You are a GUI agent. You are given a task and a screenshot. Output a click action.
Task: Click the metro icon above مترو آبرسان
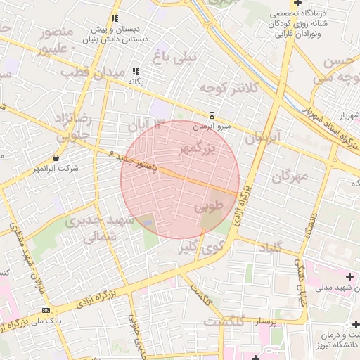211,115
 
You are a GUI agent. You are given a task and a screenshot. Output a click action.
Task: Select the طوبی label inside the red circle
207,207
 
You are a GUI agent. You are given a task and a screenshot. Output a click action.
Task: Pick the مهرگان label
289,176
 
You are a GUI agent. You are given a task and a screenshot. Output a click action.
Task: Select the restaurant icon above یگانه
136,71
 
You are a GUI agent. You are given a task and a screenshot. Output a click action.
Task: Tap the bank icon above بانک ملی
46,310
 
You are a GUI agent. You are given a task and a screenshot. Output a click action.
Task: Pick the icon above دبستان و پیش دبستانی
115,18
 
